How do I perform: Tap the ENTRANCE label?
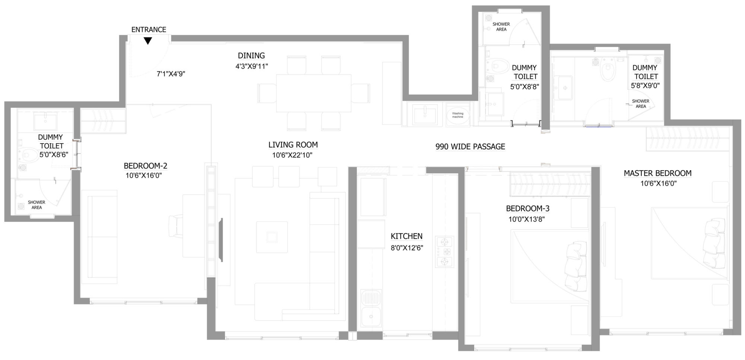pyautogui.click(x=149, y=30)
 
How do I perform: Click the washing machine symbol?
pyautogui.click(x=458, y=115)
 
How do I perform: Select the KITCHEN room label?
pyautogui.click(x=406, y=236)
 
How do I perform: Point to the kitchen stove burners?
pyautogui.click(x=444, y=252)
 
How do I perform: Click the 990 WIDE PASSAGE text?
pyautogui.click(x=470, y=147)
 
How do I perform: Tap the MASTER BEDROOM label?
pyautogui.click(x=657, y=173)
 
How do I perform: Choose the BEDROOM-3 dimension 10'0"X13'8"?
pyautogui.click(x=526, y=220)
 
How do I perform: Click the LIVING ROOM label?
pyautogui.click(x=293, y=145)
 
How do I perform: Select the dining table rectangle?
pyautogui.click(x=313, y=93)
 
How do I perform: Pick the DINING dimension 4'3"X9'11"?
pyautogui.click(x=251, y=66)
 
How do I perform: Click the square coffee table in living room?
pyautogui.click(x=272, y=237)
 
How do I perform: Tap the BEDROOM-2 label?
pyautogui.click(x=143, y=166)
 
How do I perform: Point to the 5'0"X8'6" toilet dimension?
pyautogui.click(x=54, y=155)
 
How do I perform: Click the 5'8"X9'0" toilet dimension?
pyautogui.click(x=645, y=85)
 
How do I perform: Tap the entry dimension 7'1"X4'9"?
pyautogui.click(x=171, y=74)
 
